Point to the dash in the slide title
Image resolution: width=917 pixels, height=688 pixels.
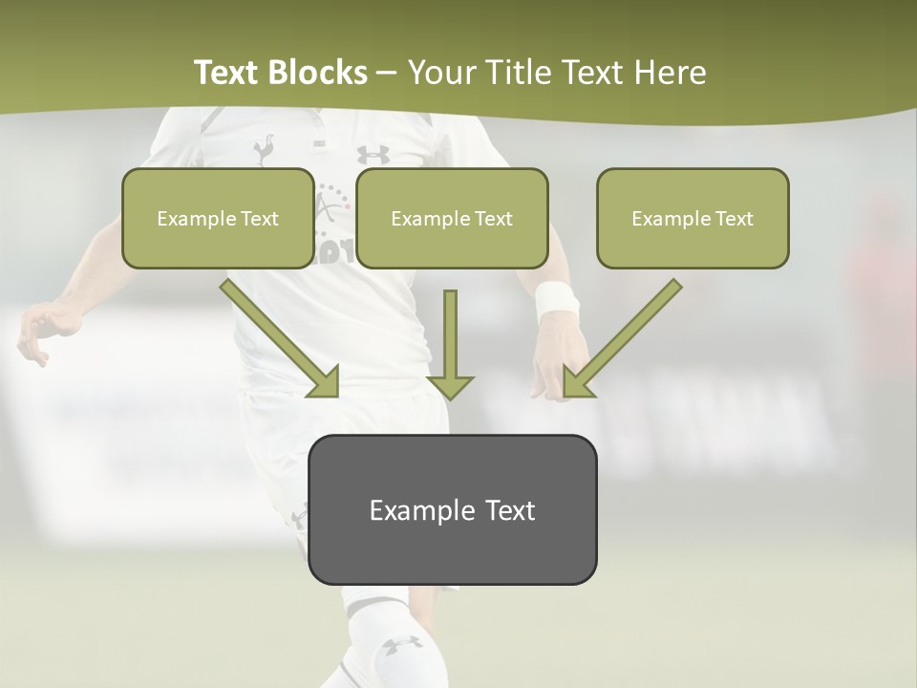[387, 73]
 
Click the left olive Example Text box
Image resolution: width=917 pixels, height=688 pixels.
[218, 218]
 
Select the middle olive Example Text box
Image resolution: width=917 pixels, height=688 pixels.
[452, 218]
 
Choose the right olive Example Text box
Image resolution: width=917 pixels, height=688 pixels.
[693, 218]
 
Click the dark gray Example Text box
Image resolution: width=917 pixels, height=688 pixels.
[452, 509]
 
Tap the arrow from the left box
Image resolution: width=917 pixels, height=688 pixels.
[282, 339]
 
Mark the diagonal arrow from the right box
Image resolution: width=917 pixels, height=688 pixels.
[621, 339]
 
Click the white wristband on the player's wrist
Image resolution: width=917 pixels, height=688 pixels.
[557, 300]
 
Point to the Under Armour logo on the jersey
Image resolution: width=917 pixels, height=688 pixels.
[373, 154]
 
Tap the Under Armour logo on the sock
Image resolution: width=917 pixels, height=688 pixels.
[402, 645]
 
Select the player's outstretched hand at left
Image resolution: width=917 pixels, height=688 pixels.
[38, 330]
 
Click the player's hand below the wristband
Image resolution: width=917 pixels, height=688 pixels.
[552, 368]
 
